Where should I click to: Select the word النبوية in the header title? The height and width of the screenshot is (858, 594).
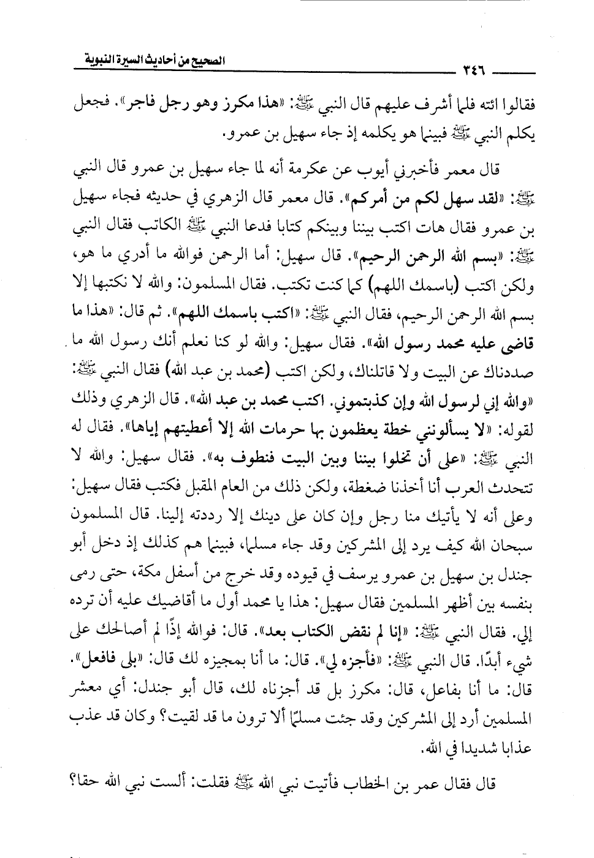pyautogui.click(x=105, y=60)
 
